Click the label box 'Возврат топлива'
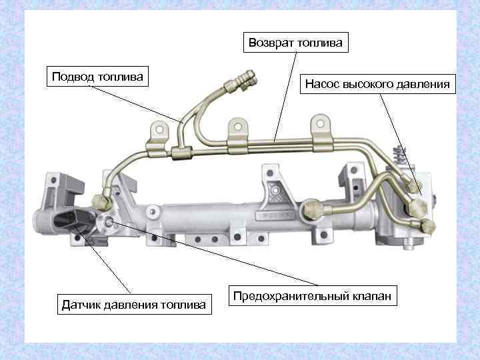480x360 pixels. point(296,43)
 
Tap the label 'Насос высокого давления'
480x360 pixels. point(379,84)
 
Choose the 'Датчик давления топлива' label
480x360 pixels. point(134,305)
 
